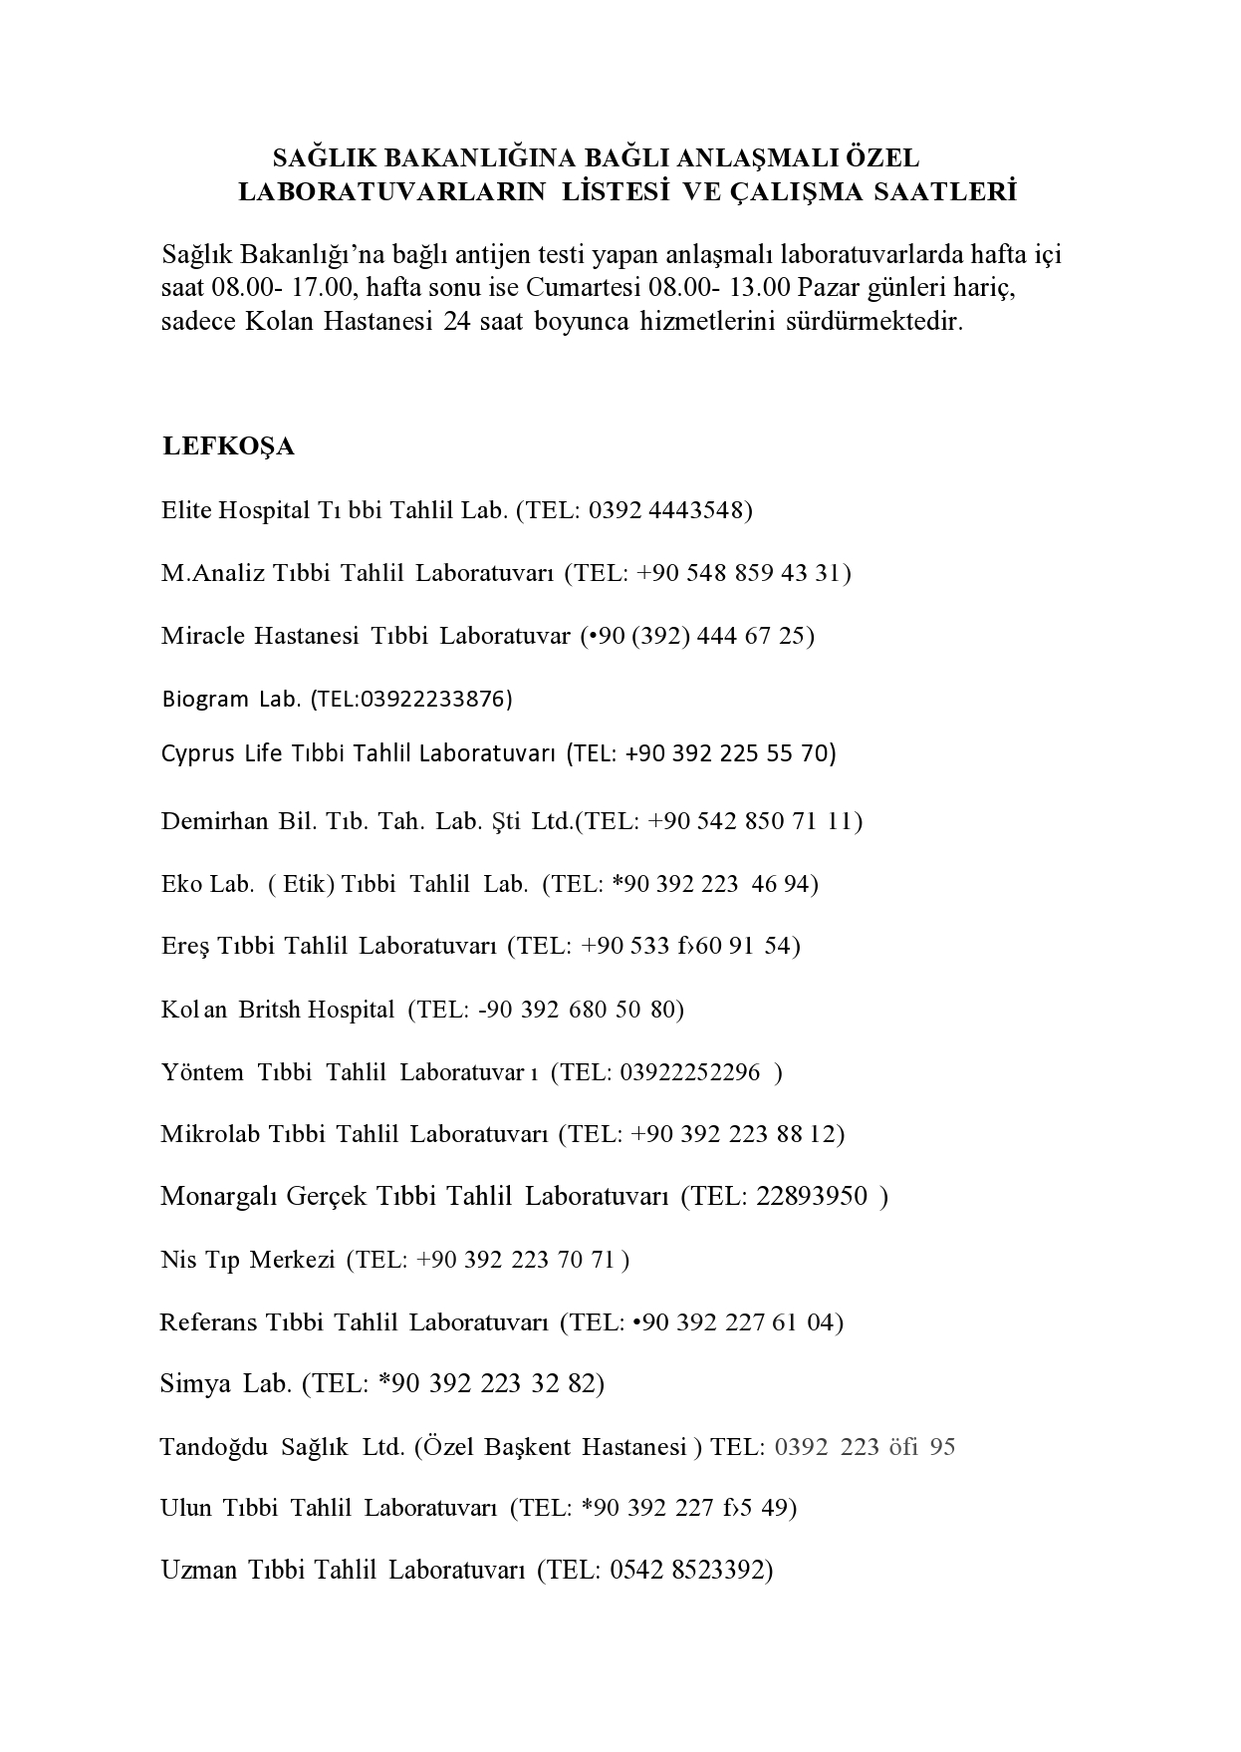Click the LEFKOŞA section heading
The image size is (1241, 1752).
pos(228,446)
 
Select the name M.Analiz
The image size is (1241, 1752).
pos(213,573)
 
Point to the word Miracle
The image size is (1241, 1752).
pos(202,636)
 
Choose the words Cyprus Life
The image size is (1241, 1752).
pos(222,753)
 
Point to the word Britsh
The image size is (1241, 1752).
pos(269,1010)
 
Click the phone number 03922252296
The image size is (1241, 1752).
pos(689,1072)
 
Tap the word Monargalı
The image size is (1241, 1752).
pos(219,1196)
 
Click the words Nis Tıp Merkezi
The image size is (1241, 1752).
pos(247,1260)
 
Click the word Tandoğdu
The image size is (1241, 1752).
pos(213,1447)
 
